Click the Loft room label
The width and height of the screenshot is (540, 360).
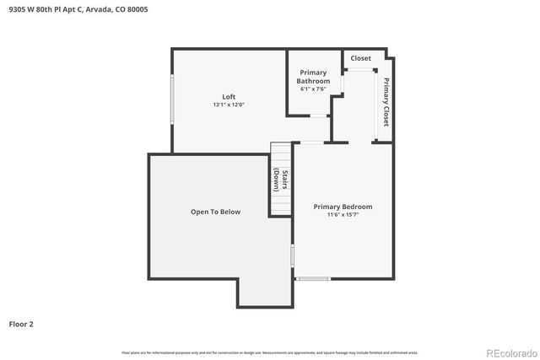coord(229,96)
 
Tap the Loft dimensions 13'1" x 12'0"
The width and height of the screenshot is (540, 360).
coord(229,105)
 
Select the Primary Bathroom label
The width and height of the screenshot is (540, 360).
coord(313,77)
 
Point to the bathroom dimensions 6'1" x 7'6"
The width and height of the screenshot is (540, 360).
coord(313,89)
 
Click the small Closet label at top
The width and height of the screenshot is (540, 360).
coord(361,58)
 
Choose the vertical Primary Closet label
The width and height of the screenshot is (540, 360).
coord(386,102)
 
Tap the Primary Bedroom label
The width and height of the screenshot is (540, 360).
coord(343,207)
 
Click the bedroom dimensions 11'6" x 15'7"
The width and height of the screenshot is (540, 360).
coord(343,215)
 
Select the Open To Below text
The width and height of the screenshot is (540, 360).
coord(215,212)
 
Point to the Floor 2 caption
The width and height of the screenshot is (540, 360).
coord(21,323)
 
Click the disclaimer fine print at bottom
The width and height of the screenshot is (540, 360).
coord(270,352)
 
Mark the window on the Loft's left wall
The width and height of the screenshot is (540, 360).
coord(173,99)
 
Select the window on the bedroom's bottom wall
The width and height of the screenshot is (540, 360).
coord(313,278)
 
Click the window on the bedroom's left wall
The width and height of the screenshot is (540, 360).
coord(292,255)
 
